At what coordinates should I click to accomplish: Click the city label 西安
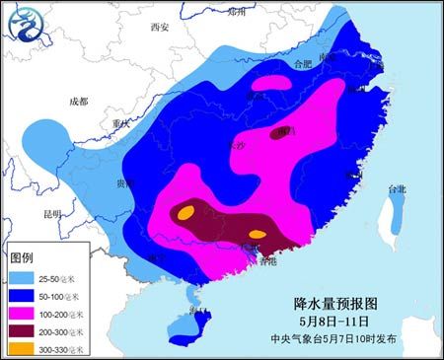[160, 27]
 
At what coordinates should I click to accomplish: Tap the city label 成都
[78, 101]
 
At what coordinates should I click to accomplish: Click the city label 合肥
[287, 64]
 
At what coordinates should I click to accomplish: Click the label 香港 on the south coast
[266, 261]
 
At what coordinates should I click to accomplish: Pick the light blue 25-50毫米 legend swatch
[28, 278]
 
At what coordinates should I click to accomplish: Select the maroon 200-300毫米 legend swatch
[28, 331]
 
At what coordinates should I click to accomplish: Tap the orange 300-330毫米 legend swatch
[28, 348]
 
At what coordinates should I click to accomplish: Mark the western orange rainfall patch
[185, 212]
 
